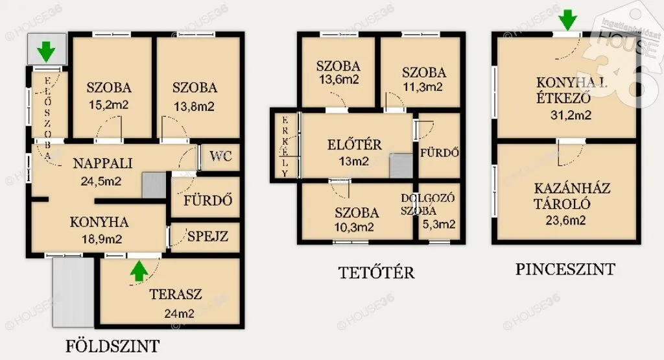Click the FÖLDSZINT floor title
113,346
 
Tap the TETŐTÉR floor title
377,272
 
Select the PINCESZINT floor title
565,269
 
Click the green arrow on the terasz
139,271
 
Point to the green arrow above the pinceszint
567,20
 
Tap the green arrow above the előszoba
46,52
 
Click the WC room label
220,156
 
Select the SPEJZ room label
207,236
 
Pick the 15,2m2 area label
109,105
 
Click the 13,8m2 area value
195,106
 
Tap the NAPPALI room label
103,163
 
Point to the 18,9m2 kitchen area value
102,239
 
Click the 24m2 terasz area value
179,313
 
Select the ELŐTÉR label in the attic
355,145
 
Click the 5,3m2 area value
439,224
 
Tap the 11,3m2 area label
422,88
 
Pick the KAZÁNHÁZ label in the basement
572,188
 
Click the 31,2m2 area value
571,115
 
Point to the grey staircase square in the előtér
401,165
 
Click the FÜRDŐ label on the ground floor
208,200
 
